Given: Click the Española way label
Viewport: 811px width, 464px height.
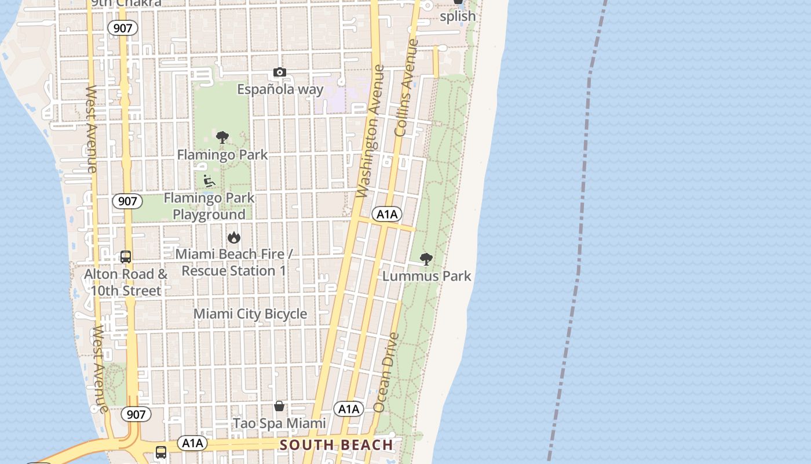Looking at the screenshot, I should (280, 89).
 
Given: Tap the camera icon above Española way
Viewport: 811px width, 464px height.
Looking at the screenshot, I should (280, 72).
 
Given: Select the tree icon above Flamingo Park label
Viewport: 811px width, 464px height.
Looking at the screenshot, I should (222, 137).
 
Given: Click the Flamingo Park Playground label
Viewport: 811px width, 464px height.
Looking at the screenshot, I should (209, 206).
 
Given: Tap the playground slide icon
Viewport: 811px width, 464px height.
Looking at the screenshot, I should (209, 181).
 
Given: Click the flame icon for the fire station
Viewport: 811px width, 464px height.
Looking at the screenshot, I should (234, 237).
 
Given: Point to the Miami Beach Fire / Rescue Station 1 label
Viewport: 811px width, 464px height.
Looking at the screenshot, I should (234, 262).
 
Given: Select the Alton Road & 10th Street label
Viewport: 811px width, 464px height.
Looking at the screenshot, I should (126, 282).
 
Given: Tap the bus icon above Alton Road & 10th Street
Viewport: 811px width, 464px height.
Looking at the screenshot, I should (126, 256).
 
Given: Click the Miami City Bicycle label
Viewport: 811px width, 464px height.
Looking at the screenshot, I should (250, 314).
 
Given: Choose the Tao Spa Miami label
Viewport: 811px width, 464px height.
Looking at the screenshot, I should (279, 423).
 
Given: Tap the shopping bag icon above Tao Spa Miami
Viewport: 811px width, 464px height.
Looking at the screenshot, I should (279, 406).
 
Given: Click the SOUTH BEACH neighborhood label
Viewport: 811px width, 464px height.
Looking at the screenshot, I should (337, 445).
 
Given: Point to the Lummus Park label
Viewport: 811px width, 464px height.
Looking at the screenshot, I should (427, 276).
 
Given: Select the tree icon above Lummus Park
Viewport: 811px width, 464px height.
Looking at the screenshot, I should (426, 259).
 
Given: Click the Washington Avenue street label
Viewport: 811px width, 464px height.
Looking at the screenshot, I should (371, 131).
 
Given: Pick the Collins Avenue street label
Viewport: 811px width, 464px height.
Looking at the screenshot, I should (405, 88).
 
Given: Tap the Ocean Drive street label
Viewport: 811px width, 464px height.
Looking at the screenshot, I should (387, 372).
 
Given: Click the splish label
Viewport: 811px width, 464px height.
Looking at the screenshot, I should (458, 16).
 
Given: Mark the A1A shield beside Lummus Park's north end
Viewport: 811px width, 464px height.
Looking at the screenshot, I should (387, 214).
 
